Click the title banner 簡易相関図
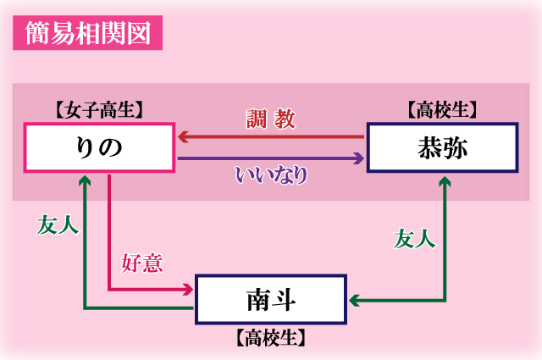tap(87, 35)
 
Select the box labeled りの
tap(99, 147)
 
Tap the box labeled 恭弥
tap(441, 147)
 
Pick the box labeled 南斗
tap(271, 299)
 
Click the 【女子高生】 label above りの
tap(98, 108)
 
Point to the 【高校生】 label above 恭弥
tap(441, 108)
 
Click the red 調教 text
tap(271, 119)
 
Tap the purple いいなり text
tap(271, 175)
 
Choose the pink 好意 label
tap(141, 263)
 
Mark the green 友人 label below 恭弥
tap(415, 240)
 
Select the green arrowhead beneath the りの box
tap(84, 180)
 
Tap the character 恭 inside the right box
tap(427, 147)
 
